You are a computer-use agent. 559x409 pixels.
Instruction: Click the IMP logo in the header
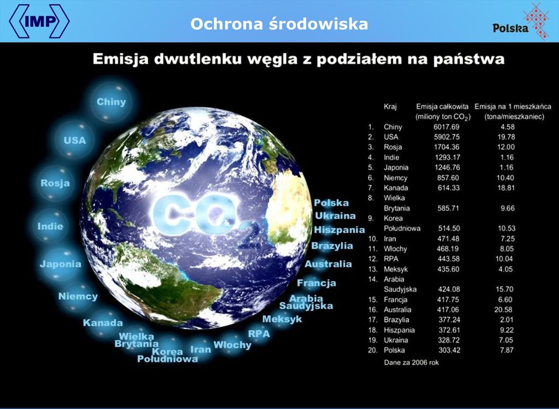39,21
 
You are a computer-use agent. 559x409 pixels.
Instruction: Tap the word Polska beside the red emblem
511,28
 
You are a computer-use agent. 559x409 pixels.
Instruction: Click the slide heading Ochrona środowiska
279,24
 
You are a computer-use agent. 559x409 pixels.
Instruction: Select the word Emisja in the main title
121,59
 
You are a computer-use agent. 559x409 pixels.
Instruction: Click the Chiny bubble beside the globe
111,102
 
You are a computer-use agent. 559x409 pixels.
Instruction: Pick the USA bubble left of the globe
75,140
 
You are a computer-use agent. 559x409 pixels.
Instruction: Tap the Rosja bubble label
55,183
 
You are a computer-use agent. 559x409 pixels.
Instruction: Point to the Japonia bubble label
61,265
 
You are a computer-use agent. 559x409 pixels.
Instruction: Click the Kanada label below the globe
103,323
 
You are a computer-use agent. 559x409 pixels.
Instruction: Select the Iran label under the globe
200,350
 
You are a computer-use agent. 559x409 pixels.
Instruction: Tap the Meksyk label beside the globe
282,319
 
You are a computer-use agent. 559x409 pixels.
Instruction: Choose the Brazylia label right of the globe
332,246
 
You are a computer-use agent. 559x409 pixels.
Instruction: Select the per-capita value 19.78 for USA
506,137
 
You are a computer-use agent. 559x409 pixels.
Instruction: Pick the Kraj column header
390,107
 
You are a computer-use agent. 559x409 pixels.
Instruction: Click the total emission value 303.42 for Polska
449,350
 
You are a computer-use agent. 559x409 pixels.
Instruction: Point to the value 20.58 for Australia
503,310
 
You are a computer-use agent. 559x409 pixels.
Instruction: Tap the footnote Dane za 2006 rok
412,362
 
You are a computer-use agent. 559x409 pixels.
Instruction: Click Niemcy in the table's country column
395,178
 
